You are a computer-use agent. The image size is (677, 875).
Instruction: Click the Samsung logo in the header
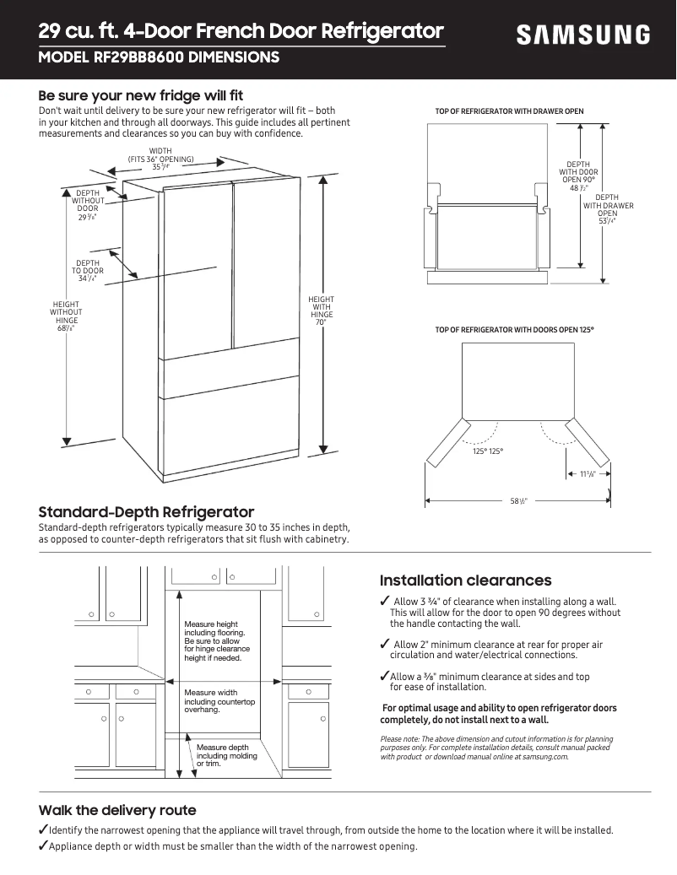coord(583,35)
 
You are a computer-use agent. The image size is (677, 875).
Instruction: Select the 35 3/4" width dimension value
coord(160,167)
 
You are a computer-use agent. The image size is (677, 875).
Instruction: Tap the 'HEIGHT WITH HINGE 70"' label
coord(321,311)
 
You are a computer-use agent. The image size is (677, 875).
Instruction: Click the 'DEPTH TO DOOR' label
coord(88,271)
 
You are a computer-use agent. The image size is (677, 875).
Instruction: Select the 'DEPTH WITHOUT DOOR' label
coord(88,205)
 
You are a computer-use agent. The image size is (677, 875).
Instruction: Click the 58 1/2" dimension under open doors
coord(518,501)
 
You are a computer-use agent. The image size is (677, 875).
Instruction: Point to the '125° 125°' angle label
coord(488,451)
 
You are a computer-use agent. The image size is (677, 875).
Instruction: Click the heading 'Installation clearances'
coord(465,581)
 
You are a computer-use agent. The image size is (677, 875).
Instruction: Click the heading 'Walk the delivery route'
coord(117,810)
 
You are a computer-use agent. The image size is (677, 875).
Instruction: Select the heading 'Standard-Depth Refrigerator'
coord(146,512)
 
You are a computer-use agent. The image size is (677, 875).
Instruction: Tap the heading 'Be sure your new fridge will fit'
coord(141,95)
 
